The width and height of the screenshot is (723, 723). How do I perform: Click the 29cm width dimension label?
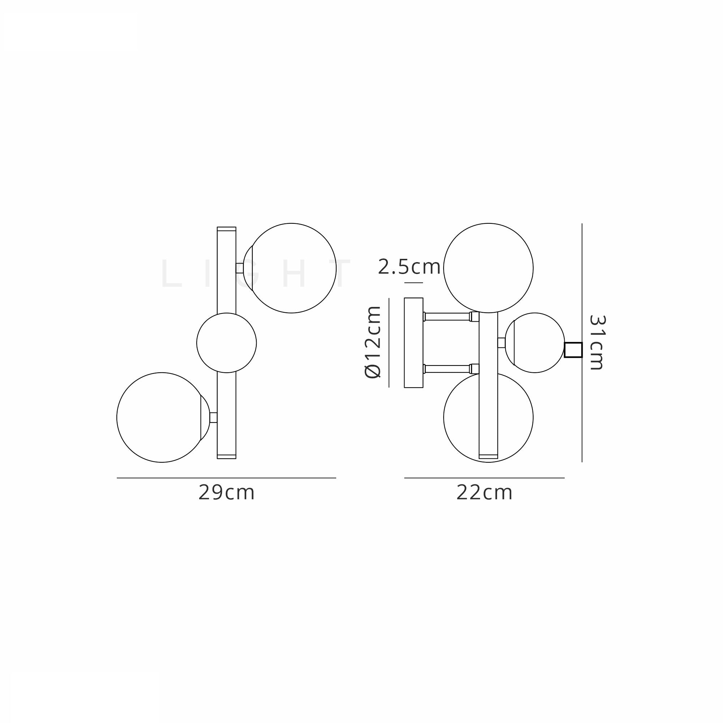[226, 493]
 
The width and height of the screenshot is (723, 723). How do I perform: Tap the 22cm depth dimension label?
[484, 493]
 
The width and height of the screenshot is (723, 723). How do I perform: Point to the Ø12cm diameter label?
[373, 342]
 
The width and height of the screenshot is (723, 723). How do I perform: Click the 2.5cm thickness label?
[409, 267]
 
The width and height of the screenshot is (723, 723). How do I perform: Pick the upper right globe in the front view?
[291, 268]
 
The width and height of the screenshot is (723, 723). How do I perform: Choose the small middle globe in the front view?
[226, 343]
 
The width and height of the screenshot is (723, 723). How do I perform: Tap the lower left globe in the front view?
[162, 417]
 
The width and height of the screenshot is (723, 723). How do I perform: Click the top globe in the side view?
[488, 268]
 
